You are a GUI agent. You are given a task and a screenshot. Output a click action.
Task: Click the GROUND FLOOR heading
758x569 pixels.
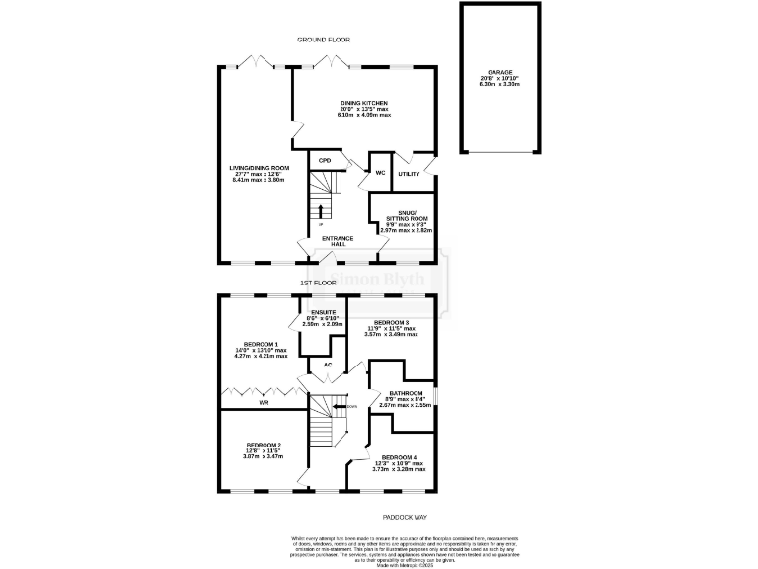point(325,40)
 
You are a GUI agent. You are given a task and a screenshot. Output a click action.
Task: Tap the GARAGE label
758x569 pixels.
point(499,72)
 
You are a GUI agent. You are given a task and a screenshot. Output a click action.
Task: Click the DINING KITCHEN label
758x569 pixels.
point(364,103)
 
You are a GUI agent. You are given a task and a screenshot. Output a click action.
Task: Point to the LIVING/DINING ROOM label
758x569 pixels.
point(260,169)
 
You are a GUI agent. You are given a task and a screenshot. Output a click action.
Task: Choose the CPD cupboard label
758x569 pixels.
point(324,161)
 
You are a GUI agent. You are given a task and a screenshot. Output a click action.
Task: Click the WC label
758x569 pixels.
point(379,173)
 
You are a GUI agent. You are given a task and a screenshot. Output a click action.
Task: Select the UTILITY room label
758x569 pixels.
point(409,174)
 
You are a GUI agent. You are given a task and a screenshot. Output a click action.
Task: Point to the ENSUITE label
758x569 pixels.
point(323,313)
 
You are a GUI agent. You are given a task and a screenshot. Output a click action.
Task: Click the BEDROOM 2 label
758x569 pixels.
point(264,446)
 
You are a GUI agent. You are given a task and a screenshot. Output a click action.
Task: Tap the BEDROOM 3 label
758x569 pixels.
point(391,323)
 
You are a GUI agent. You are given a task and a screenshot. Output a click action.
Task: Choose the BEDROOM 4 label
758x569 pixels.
point(398,458)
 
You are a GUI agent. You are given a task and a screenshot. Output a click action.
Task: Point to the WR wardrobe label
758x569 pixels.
point(265,404)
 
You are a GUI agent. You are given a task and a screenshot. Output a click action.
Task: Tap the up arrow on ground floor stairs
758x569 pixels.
point(320,210)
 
